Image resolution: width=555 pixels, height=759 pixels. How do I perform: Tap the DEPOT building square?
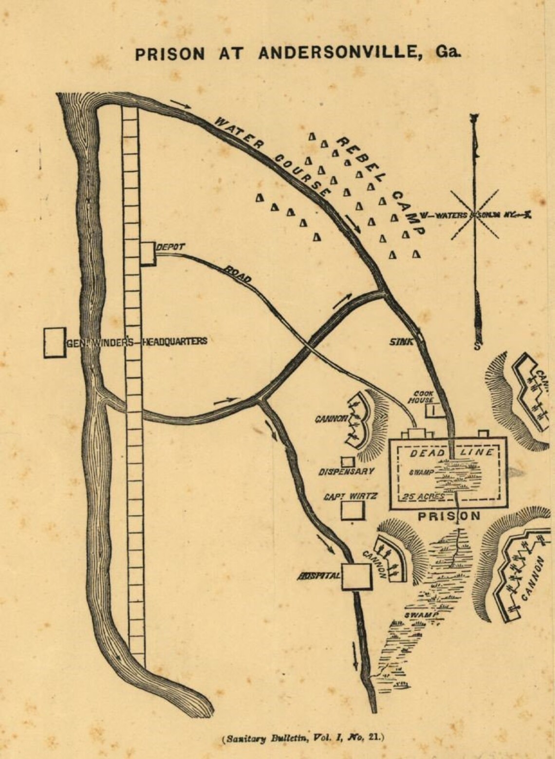[148, 253]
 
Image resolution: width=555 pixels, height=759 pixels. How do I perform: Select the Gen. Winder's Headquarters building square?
[55, 343]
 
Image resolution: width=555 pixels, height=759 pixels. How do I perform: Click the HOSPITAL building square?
[356, 577]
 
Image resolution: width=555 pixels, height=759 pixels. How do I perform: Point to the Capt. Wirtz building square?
[352, 511]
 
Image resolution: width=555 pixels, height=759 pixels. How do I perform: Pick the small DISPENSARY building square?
[347, 461]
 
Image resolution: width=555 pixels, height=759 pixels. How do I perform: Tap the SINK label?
[401, 342]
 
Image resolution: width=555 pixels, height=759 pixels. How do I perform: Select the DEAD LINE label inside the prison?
[451, 453]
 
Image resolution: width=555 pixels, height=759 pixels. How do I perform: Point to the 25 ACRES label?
[423, 497]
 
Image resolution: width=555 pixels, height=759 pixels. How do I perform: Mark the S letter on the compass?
[477, 346]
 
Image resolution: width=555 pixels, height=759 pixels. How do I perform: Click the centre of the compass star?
[474, 215]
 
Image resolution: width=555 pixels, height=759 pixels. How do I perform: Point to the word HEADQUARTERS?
[174, 341]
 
